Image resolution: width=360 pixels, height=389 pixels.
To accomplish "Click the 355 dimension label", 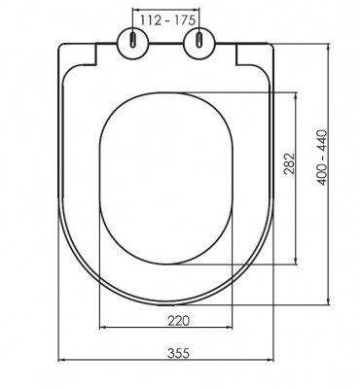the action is [x=178, y=353].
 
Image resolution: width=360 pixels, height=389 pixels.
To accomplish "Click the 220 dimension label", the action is [x=178, y=321].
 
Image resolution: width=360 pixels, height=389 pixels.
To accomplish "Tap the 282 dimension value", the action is [x=289, y=163].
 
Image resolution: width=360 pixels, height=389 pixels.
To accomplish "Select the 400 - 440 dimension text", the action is [x=322, y=158].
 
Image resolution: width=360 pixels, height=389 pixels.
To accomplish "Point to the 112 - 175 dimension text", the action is [x=167, y=20].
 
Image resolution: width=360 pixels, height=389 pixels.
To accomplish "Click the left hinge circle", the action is [x=133, y=43].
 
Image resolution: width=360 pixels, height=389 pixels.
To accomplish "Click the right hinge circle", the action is [x=199, y=43].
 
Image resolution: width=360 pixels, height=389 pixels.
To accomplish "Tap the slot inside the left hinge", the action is [x=133, y=41].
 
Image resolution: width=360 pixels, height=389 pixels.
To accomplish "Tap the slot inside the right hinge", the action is [x=199, y=41].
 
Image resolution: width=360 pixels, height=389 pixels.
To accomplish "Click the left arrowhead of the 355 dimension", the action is [x=60, y=360].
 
